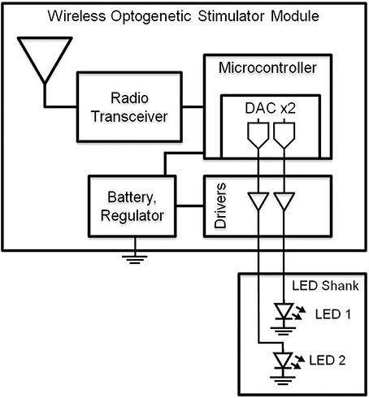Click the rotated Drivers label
[x=218, y=208]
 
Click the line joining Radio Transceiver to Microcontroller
[x=192, y=106]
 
